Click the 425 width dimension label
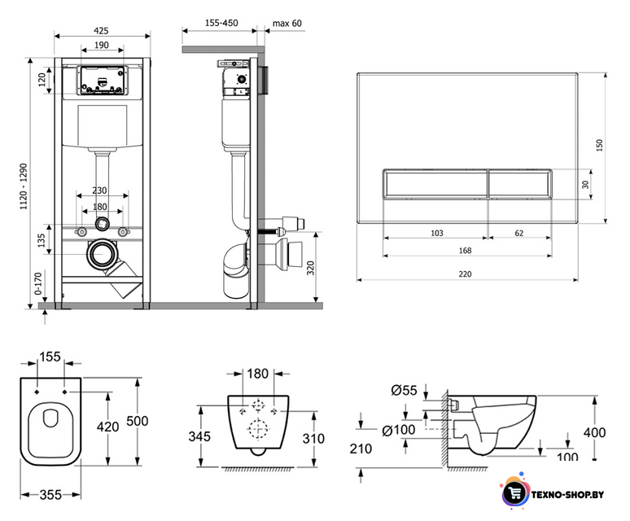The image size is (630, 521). (101, 30)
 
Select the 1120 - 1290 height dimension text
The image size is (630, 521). (24, 186)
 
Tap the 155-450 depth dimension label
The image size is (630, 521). (221, 23)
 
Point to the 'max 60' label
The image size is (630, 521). (287, 24)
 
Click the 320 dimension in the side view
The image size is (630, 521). (311, 268)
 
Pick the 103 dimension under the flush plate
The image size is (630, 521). (437, 233)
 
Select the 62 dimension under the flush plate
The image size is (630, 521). (519, 233)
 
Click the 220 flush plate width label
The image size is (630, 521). (465, 274)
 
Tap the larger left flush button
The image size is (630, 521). (435, 184)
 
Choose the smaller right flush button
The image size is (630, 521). (520, 184)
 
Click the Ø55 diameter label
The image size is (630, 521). (404, 390)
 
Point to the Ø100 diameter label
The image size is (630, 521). (398, 430)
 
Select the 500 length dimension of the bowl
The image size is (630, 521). (138, 421)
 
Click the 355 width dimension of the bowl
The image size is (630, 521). (50, 494)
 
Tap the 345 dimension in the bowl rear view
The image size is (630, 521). (199, 436)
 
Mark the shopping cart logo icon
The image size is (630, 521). (515, 493)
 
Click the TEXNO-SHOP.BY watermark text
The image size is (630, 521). (567, 495)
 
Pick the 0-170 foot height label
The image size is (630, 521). (38, 283)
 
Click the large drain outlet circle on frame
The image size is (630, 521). (102, 254)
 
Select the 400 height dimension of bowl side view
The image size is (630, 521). (595, 432)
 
